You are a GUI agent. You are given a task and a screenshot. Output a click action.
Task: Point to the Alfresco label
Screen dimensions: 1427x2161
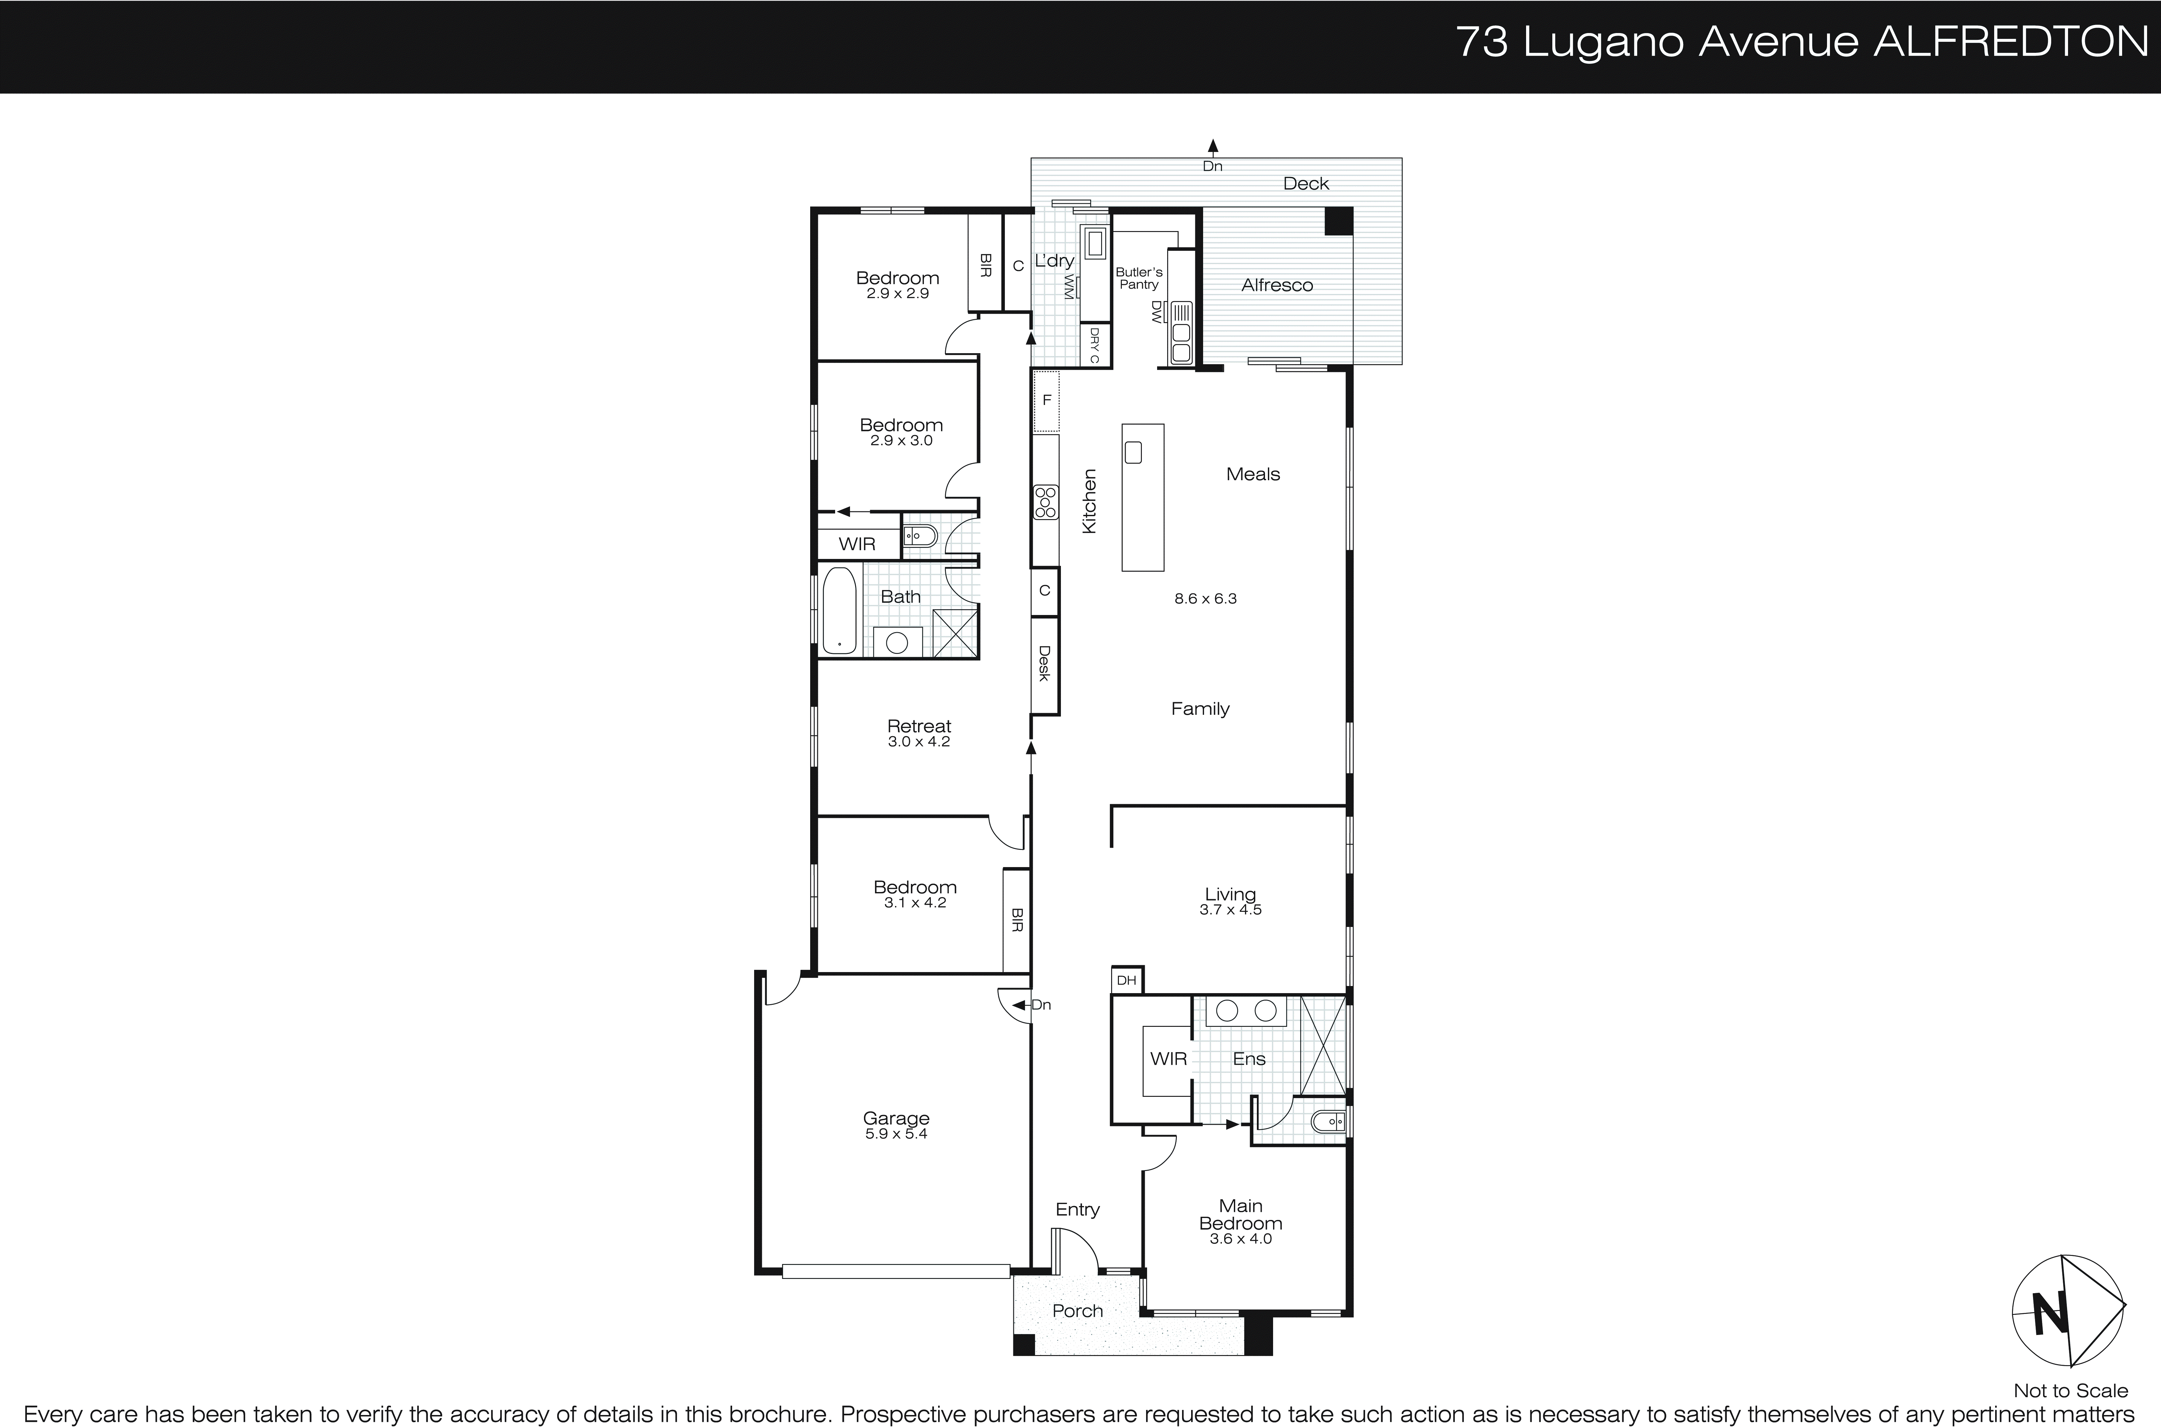1277,285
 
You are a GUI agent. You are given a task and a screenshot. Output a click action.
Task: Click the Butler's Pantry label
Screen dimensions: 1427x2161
1138,278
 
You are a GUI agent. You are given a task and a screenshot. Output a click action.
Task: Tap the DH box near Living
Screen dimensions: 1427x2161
1126,980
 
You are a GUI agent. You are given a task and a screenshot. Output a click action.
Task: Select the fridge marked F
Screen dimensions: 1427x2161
1046,400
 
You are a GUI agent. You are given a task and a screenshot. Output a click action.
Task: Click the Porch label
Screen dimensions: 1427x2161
1077,1310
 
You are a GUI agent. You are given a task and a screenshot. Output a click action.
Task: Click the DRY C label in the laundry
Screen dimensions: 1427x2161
1094,346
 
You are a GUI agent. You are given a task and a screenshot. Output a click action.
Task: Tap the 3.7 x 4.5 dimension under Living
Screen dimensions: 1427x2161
1230,909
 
